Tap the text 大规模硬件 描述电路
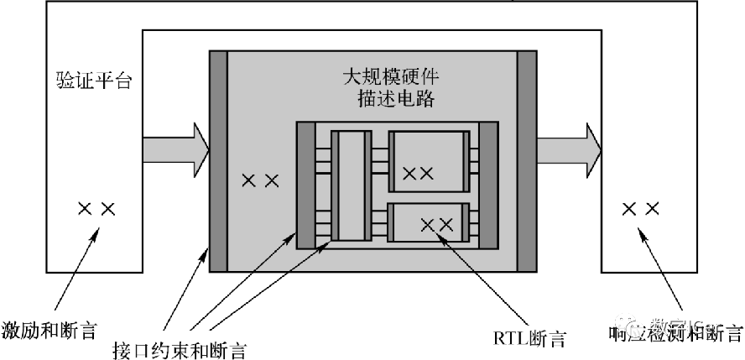[391, 88]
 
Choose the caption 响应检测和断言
[675, 332]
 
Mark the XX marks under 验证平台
[96, 209]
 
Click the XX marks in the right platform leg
[639, 209]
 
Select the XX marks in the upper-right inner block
[418, 174]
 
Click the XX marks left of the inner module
[259, 180]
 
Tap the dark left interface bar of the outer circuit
[218, 161]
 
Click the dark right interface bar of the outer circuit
[527, 161]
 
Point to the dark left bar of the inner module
[306, 185]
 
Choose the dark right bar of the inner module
[488, 185]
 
